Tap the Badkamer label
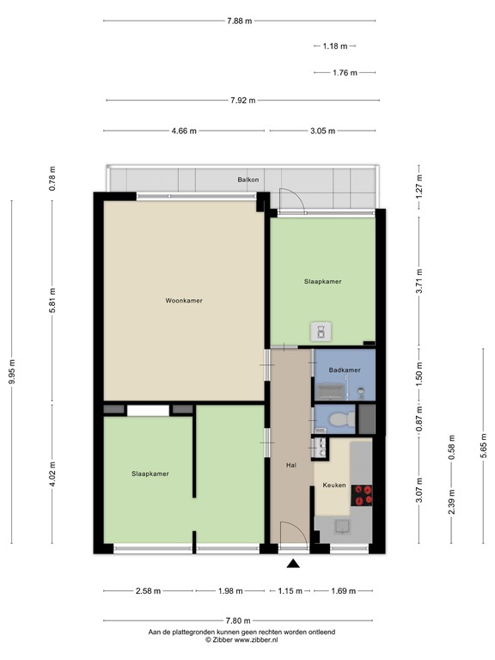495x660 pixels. point(344,370)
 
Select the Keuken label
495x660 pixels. point(334,486)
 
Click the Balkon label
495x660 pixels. point(249,180)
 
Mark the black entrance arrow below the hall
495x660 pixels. point(293,564)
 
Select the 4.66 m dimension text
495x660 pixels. point(184,131)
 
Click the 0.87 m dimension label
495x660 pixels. point(419,417)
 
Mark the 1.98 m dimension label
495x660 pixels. point(229,591)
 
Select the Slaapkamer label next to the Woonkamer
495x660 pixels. point(322,281)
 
